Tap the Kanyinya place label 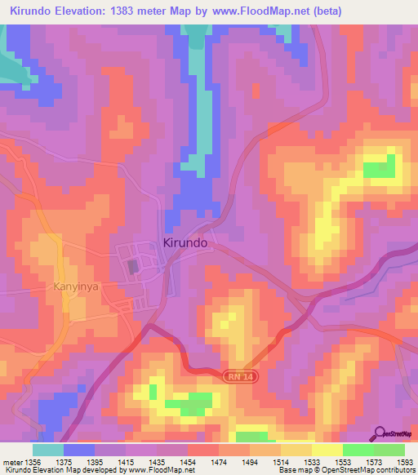pyautogui.click(x=77, y=286)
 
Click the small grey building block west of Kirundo pyautogui.click(x=132, y=267)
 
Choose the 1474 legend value pyautogui.click(x=218, y=461)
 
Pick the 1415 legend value pyautogui.click(x=126, y=461)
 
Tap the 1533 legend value pyautogui.click(x=312, y=461)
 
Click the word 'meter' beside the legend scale pyautogui.click(x=10, y=461)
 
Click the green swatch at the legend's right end pyautogui.click(x=389, y=450)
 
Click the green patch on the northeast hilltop pyautogui.click(x=378, y=170)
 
